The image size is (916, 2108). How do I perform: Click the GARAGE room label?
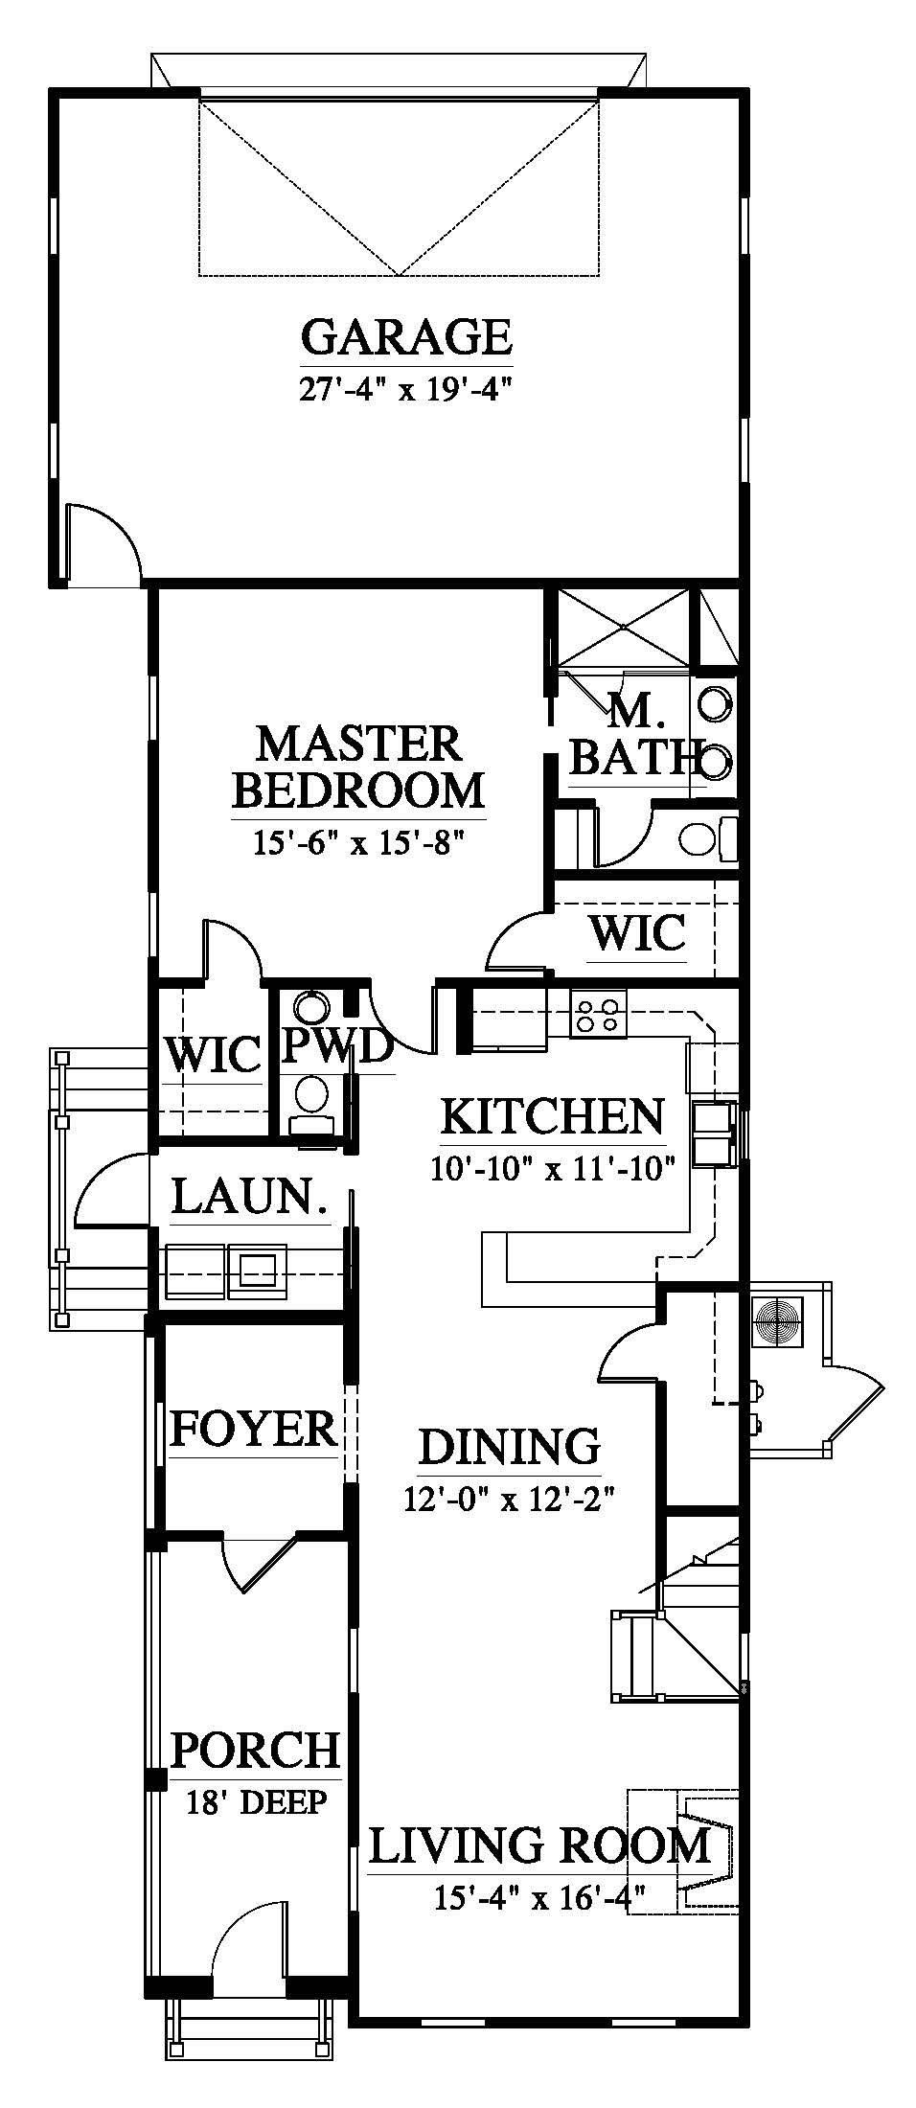[406, 336]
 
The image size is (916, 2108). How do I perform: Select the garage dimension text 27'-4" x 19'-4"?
[406, 390]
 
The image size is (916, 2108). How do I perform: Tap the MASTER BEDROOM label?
[358, 768]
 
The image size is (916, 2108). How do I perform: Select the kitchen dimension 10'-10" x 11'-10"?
[553, 1169]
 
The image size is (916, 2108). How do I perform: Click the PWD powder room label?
[337, 1047]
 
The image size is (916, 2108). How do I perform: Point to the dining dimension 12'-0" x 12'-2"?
[508, 1498]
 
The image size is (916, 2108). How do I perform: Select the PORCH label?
[255, 1749]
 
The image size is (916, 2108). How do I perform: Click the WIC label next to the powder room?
[213, 1056]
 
